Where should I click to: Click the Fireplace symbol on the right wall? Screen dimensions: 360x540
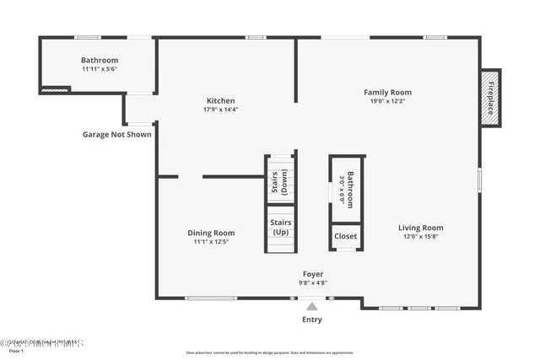(489, 99)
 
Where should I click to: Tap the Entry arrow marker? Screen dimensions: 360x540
(312, 307)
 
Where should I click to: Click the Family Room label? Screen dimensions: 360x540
(387, 92)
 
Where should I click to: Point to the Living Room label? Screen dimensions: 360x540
(420, 228)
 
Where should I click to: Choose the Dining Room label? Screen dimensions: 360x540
(211, 233)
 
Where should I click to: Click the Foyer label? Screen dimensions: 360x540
(312, 274)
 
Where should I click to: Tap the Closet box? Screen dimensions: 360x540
(346, 237)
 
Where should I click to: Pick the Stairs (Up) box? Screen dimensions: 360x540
(280, 228)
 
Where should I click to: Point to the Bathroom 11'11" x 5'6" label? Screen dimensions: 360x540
(100, 61)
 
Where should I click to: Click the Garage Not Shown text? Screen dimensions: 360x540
(117, 134)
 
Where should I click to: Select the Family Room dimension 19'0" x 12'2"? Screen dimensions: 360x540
(387, 101)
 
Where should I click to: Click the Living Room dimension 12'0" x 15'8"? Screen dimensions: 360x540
(420, 236)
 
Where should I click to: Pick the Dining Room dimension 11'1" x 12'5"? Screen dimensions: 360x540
(211, 242)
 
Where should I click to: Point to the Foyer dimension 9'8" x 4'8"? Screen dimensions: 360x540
(312, 283)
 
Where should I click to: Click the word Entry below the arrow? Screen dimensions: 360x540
(312, 320)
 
